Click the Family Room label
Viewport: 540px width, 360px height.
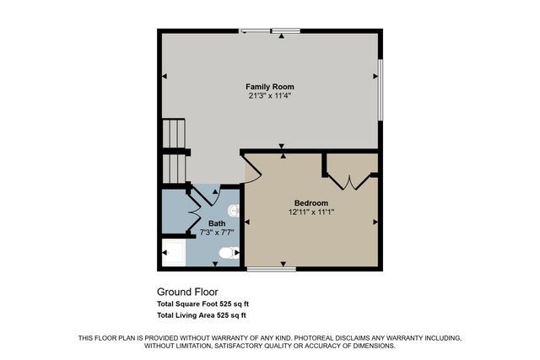(x=269, y=87)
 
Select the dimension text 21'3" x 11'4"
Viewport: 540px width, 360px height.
(x=269, y=96)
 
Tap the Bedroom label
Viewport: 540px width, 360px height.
(x=310, y=202)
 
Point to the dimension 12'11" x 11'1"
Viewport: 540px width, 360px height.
(x=310, y=212)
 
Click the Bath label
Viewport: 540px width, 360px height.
(x=217, y=223)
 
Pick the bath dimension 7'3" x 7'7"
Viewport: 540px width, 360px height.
(x=217, y=232)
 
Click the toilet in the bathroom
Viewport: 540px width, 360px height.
(x=226, y=253)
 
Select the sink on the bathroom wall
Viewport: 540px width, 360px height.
(x=234, y=209)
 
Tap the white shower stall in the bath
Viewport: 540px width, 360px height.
(x=172, y=252)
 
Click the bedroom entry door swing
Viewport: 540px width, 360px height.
(x=253, y=169)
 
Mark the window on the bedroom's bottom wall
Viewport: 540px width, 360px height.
(x=272, y=269)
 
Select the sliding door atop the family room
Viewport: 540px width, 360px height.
(x=271, y=31)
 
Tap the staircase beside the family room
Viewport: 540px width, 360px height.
(x=173, y=152)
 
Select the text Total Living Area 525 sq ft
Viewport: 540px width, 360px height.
(x=201, y=315)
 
